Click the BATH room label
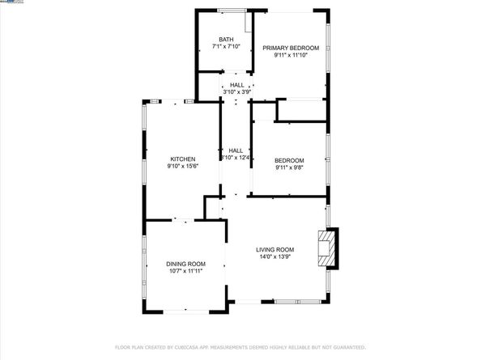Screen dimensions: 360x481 coord(226,39)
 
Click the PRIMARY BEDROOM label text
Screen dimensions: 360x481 coord(291,48)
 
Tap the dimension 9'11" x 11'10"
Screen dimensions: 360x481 coord(291,56)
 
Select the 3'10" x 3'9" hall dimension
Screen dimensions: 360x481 coord(236,92)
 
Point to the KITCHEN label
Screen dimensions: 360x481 coord(182,159)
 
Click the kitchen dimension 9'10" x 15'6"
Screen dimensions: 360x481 coord(182,167)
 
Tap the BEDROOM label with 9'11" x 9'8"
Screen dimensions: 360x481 coord(289,159)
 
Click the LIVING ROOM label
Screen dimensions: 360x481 coord(275,249)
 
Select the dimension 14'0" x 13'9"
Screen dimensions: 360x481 coord(275,257)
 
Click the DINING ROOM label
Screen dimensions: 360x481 coord(185,264)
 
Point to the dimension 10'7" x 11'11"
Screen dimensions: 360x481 coord(185,272)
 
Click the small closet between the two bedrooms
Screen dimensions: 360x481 coord(302,110)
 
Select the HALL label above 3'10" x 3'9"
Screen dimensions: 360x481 coord(236,85)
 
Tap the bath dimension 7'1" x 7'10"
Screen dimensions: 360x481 coord(226,47)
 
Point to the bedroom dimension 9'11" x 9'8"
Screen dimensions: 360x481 coord(289,167)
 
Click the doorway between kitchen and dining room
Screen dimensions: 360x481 coord(184,219)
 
